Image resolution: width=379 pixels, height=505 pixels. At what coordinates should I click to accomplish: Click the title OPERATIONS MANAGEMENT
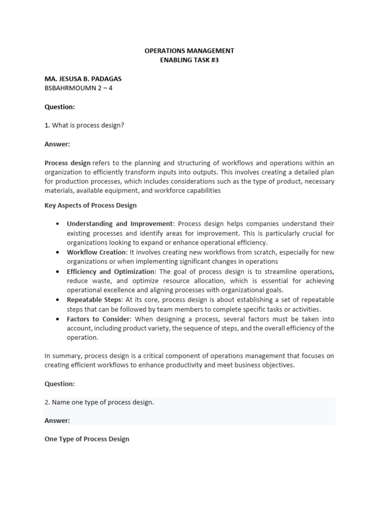coord(189,51)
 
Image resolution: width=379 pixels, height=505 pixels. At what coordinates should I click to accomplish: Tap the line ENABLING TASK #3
coord(189,60)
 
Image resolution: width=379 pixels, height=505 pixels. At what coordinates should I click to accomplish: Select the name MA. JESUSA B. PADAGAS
coord(83,79)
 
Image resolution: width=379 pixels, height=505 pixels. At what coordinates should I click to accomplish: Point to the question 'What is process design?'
coord(87,125)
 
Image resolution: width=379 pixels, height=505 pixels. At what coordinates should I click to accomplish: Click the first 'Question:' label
coord(60,107)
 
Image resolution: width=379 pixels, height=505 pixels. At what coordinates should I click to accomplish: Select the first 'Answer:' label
coord(57,144)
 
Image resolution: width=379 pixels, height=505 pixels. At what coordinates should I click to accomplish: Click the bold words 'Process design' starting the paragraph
coord(68,163)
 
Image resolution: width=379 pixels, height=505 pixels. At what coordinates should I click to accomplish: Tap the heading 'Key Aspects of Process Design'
coord(90,205)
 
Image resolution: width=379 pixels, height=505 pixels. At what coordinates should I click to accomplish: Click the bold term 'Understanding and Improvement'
coord(120,224)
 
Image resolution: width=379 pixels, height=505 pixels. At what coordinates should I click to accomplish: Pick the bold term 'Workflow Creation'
coord(96,252)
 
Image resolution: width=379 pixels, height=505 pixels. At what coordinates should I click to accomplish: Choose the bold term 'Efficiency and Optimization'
coord(111,271)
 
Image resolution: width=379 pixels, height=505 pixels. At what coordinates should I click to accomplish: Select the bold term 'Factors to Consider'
coord(99,319)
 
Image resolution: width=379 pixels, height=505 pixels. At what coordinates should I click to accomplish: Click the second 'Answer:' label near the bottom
coord(57,421)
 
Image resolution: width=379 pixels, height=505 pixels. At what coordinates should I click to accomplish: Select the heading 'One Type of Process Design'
coord(87,439)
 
